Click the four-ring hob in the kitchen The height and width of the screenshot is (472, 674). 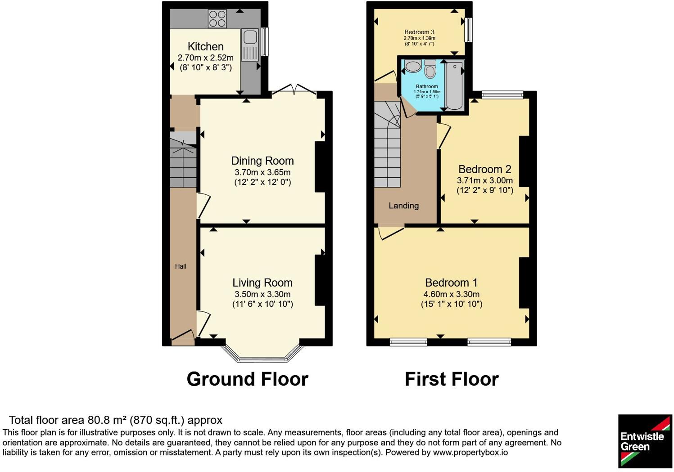(x=217, y=18)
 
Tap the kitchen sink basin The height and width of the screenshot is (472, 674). (x=250, y=37)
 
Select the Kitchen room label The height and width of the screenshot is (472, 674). (x=205, y=47)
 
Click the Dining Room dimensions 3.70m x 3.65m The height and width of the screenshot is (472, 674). (x=262, y=172)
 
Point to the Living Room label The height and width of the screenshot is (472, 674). (x=262, y=283)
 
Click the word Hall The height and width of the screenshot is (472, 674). (x=181, y=266)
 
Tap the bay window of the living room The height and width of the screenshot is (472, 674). (x=262, y=354)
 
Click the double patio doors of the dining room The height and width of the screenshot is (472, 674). (x=294, y=88)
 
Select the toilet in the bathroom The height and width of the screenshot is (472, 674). (x=430, y=68)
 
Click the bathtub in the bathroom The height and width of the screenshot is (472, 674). (x=454, y=85)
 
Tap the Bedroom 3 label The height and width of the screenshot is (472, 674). (x=419, y=32)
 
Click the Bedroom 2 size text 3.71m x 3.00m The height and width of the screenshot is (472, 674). (x=485, y=180)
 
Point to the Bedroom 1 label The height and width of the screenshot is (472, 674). (x=451, y=283)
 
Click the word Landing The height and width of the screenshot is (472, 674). (x=403, y=206)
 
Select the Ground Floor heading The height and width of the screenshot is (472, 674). (x=247, y=379)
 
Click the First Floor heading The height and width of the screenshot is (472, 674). (x=452, y=379)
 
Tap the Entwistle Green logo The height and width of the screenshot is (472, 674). (x=645, y=441)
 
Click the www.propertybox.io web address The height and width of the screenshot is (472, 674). (x=470, y=453)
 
